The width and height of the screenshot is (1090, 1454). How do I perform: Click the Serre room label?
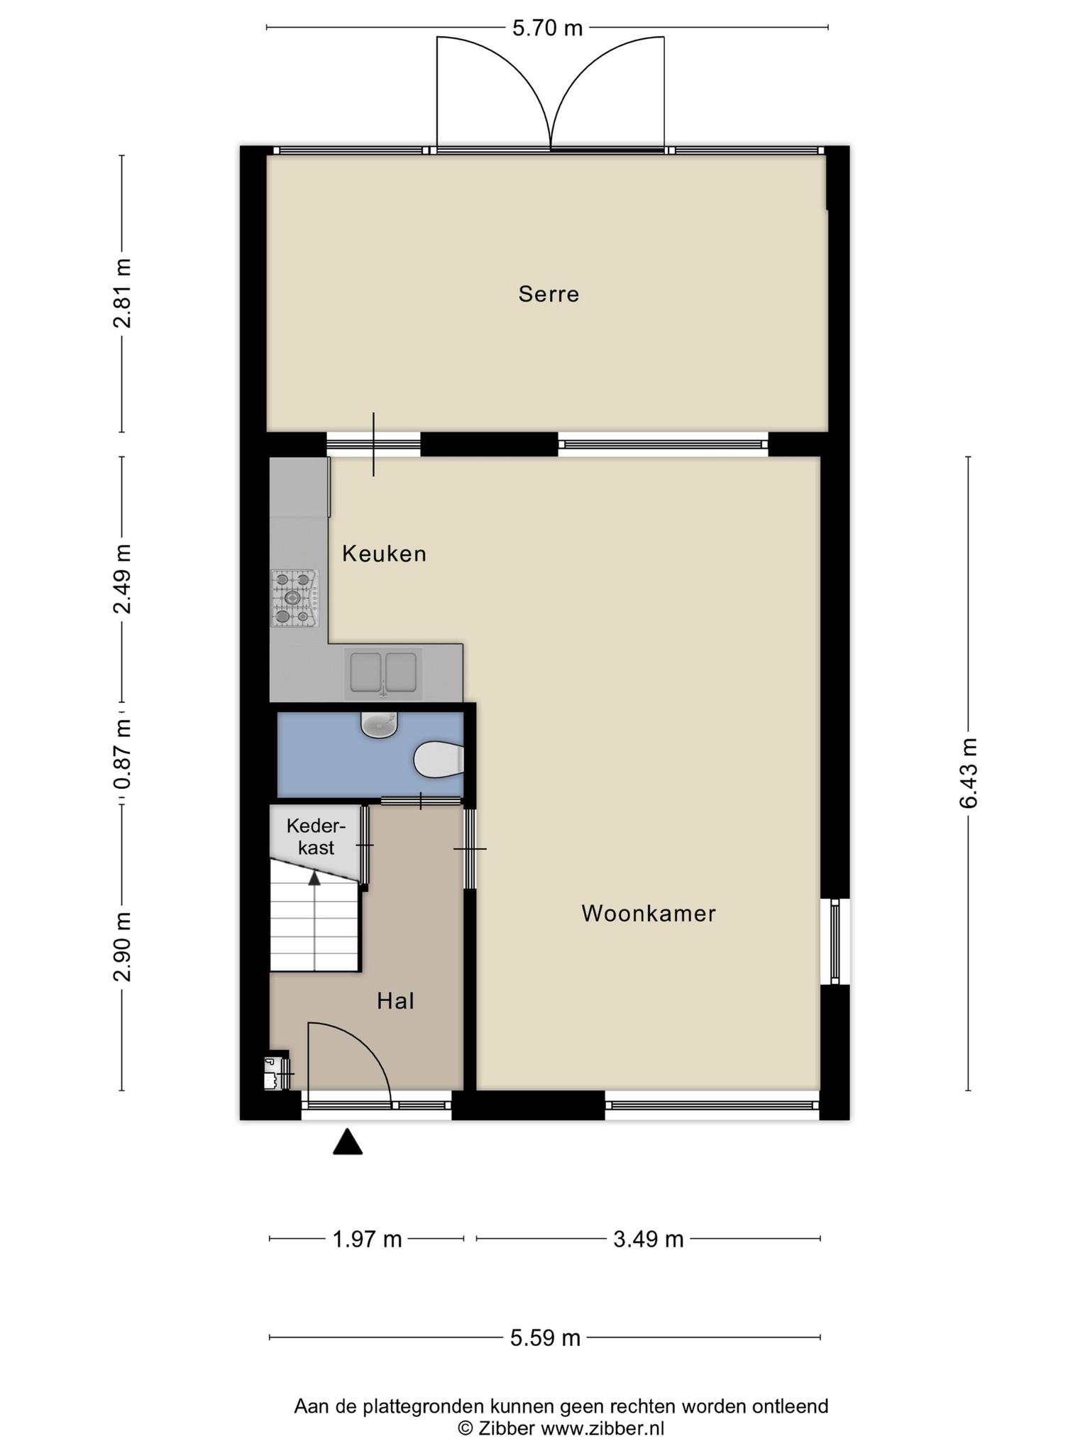click(x=549, y=294)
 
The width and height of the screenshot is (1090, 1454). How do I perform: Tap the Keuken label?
click(x=384, y=554)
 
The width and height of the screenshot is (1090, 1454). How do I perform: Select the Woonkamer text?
click(x=649, y=913)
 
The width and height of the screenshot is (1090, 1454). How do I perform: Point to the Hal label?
click(x=395, y=1001)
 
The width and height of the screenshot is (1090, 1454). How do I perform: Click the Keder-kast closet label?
click(x=316, y=836)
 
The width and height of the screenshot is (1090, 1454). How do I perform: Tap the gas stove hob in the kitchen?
click(x=294, y=598)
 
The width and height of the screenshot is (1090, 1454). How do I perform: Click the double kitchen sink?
click(x=383, y=672)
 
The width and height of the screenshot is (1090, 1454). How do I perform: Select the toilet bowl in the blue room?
click(x=439, y=760)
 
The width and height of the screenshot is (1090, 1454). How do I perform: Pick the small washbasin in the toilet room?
click(x=379, y=724)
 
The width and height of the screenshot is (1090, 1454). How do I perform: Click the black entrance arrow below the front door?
click(x=348, y=1142)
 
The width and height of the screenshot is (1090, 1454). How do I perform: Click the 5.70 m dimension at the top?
click(x=547, y=28)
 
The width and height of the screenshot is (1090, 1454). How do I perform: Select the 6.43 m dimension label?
click(x=968, y=773)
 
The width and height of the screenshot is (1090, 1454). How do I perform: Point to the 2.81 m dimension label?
click(x=122, y=293)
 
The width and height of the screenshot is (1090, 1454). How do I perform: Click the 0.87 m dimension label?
click(x=122, y=754)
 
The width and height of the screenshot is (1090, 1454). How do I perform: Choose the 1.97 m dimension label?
click(x=367, y=1240)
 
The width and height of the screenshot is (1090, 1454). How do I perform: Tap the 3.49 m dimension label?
click(x=649, y=1240)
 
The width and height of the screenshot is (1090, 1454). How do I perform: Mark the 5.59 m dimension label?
click(x=546, y=1338)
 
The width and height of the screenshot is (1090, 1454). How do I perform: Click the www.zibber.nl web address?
click(x=602, y=1428)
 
